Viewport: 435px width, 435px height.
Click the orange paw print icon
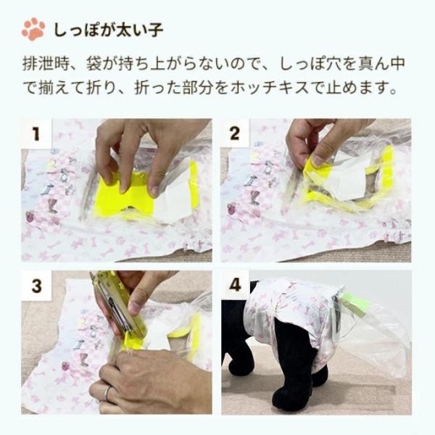(33, 30)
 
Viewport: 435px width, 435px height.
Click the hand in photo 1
(138, 141)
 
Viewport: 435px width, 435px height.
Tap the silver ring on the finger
(107, 394)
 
